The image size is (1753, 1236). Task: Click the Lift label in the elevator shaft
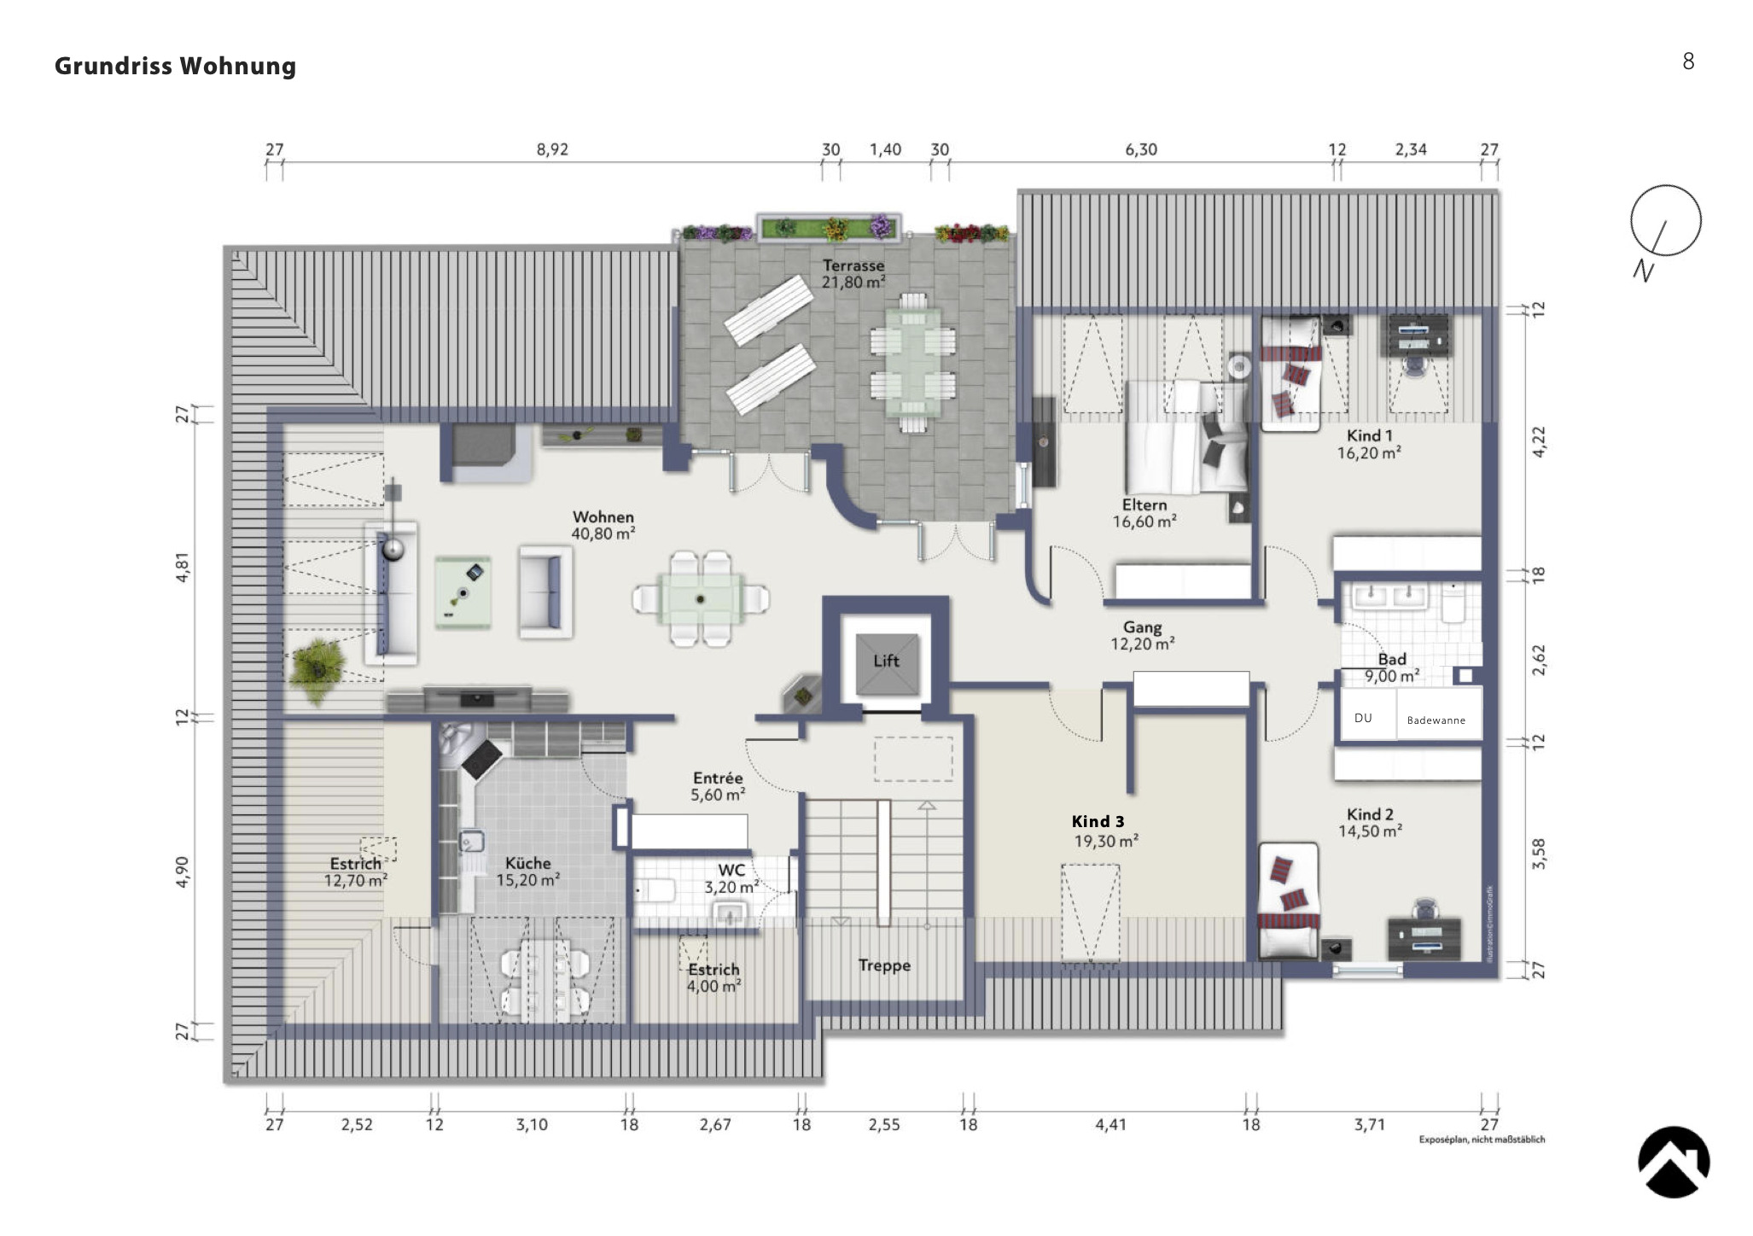[x=886, y=661]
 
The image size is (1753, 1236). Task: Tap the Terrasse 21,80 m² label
[x=853, y=274]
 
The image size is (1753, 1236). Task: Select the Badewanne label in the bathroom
[x=1436, y=720]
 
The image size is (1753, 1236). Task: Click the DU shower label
[x=1363, y=718]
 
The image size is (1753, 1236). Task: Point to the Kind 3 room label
[x=1098, y=822]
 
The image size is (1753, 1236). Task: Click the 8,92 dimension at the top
[x=552, y=149]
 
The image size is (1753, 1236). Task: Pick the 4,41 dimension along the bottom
[x=1110, y=1125]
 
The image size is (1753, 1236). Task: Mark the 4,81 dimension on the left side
[x=183, y=568]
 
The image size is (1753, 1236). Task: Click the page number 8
[x=1687, y=61]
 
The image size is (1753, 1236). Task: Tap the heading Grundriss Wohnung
[x=175, y=66]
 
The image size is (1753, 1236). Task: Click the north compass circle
[x=1665, y=220]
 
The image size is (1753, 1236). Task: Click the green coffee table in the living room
[x=463, y=592]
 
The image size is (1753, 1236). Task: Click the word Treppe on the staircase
[x=884, y=965]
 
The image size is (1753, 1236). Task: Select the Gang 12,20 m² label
[x=1142, y=636]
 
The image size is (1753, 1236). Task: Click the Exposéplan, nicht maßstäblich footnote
[x=1482, y=1140]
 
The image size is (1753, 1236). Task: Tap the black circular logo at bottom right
[x=1673, y=1162]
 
